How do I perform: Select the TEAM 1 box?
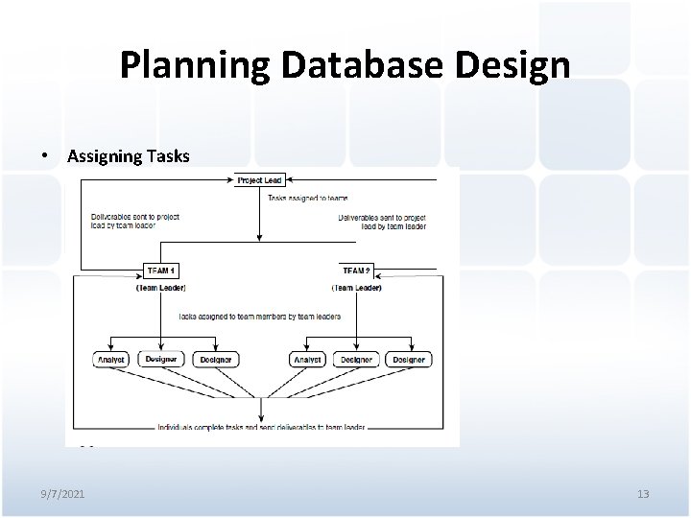[163, 270]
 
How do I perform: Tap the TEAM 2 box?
[356, 270]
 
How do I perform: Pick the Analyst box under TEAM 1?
[111, 359]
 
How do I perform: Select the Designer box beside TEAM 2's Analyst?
[356, 359]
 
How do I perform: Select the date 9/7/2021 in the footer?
[63, 493]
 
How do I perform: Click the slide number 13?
[642, 493]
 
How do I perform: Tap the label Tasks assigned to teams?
[302, 198]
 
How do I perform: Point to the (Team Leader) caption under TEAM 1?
[162, 287]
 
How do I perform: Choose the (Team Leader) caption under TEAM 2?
[356, 287]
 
